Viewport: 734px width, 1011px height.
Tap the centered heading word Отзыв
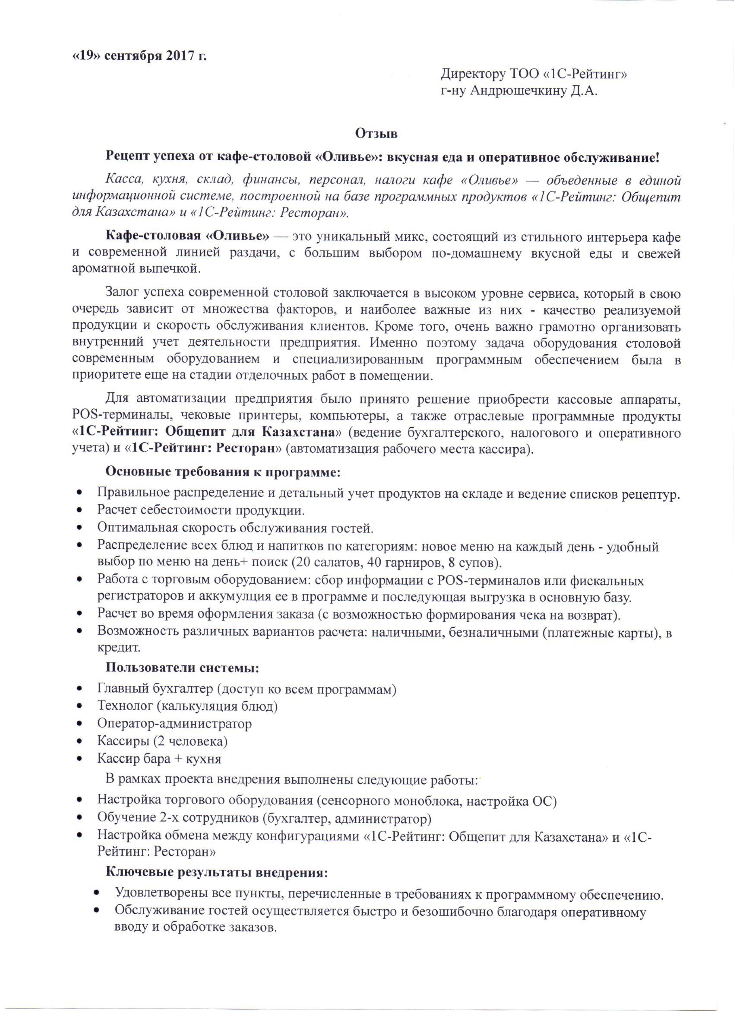[375, 133]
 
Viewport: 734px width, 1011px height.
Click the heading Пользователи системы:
[183, 669]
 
